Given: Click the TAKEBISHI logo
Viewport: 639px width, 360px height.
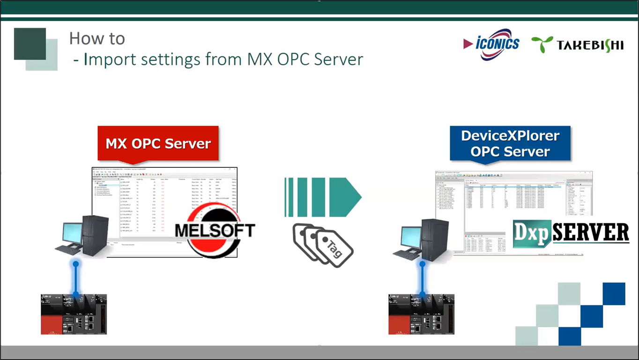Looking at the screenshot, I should (x=577, y=45).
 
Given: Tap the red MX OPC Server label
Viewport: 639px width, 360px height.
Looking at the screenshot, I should (x=158, y=143).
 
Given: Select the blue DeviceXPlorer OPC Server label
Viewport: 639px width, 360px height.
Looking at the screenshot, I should (x=510, y=143).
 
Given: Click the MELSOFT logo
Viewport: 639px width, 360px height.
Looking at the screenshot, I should (x=215, y=230).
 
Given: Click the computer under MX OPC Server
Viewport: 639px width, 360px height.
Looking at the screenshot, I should (x=87, y=236).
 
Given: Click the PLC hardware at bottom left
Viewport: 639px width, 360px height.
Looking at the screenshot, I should (x=74, y=314).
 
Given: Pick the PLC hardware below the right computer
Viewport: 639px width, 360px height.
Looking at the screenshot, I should (x=421, y=314).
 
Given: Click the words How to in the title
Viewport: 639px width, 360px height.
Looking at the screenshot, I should (x=97, y=38).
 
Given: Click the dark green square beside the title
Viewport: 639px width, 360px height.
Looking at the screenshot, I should (x=30, y=44).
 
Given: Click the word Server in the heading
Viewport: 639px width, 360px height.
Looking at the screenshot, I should (x=338, y=60).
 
